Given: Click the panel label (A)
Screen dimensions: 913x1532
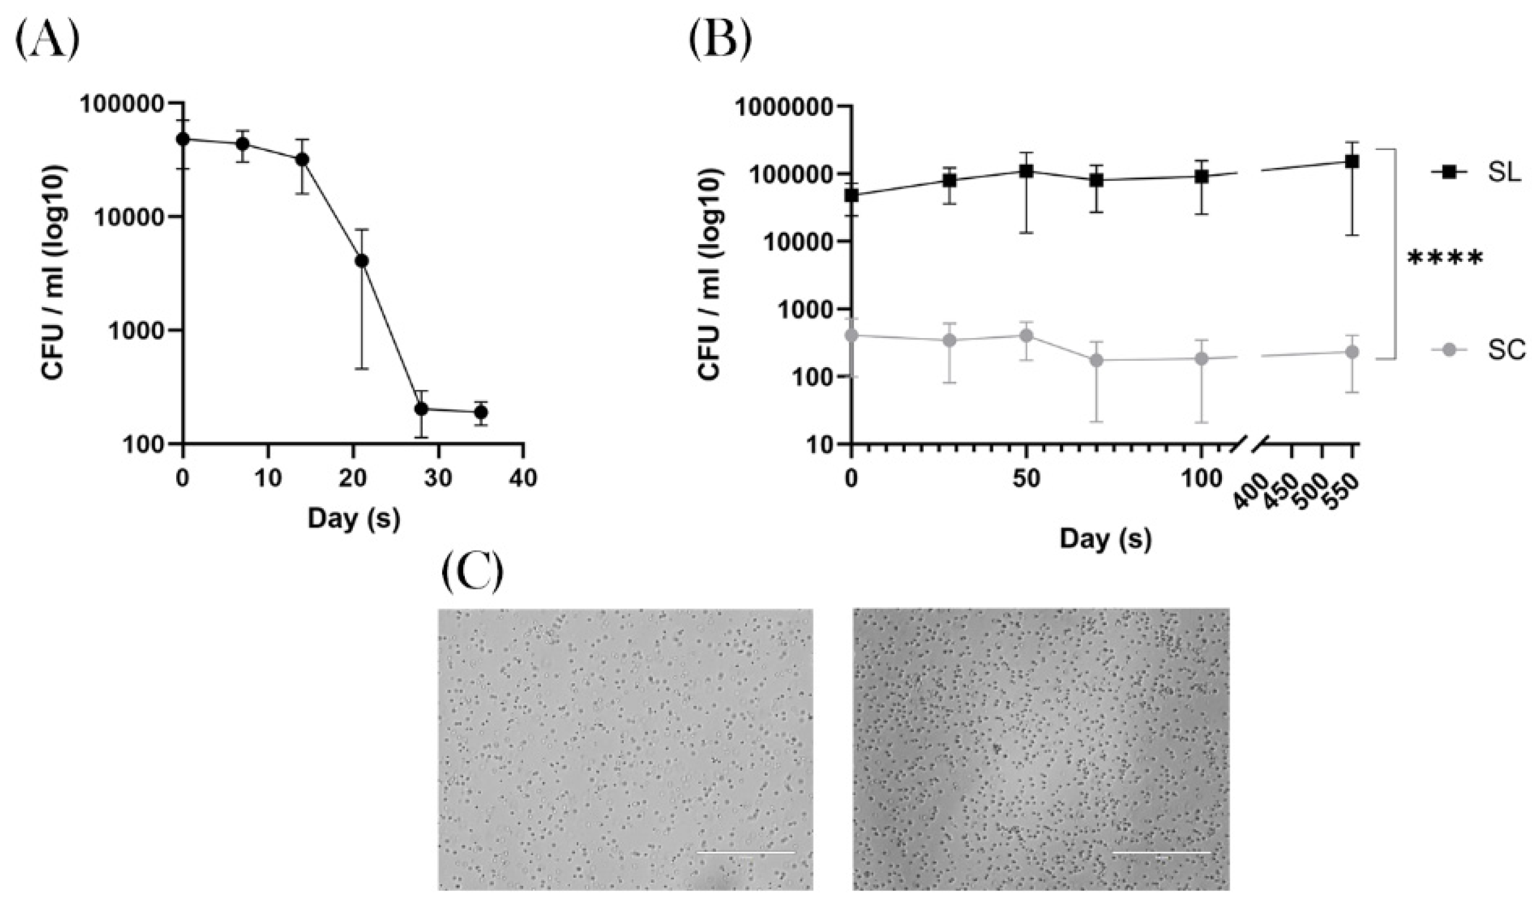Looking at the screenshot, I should pos(48,42).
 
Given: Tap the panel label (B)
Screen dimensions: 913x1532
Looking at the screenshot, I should pos(720,42).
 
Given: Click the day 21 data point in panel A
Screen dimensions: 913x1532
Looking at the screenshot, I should pos(362,261).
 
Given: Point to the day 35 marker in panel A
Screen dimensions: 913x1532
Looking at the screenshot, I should pos(481,412).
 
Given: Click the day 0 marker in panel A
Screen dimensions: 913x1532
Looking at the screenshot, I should pos(183,139).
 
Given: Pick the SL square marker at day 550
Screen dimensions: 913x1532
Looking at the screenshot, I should pos(1352,162).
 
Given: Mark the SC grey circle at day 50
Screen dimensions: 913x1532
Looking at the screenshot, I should pos(1025,335).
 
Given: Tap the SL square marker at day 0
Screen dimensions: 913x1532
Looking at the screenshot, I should pos(852,196).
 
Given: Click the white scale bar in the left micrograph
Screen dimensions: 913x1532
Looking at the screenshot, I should pos(746,853).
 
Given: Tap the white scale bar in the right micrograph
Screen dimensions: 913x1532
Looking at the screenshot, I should pos(1162,853).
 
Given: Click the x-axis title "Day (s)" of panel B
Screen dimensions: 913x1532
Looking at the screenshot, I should pos(1105,539).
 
